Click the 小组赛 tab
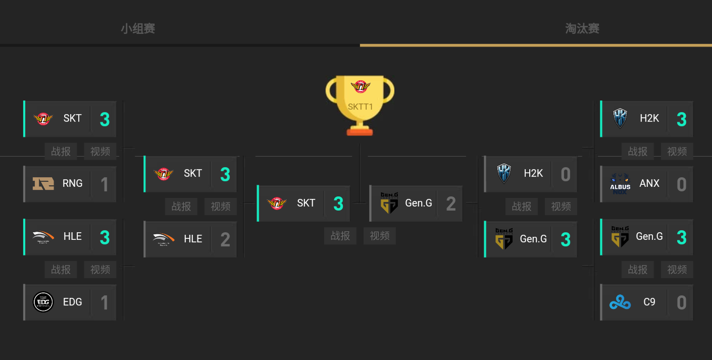click(x=138, y=29)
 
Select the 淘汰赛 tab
click(x=582, y=29)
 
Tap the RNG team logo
click(x=43, y=184)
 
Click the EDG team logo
click(x=43, y=302)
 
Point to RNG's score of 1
click(x=105, y=184)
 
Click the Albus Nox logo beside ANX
click(x=620, y=184)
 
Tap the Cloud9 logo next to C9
click(x=620, y=302)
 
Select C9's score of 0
click(x=681, y=302)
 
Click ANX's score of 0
click(x=681, y=184)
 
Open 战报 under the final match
click(x=340, y=236)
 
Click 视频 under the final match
click(x=380, y=236)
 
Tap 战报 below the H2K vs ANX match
click(x=638, y=151)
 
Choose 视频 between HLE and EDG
click(x=100, y=270)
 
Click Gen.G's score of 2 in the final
click(x=451, y=203)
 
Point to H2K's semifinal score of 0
click(x=566, y=174)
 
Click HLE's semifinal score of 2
click(x=225, y=239)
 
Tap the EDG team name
click(x=73, y=302)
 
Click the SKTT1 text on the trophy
click(x=360, y=107)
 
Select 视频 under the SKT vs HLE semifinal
click(x=221, y=207)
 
